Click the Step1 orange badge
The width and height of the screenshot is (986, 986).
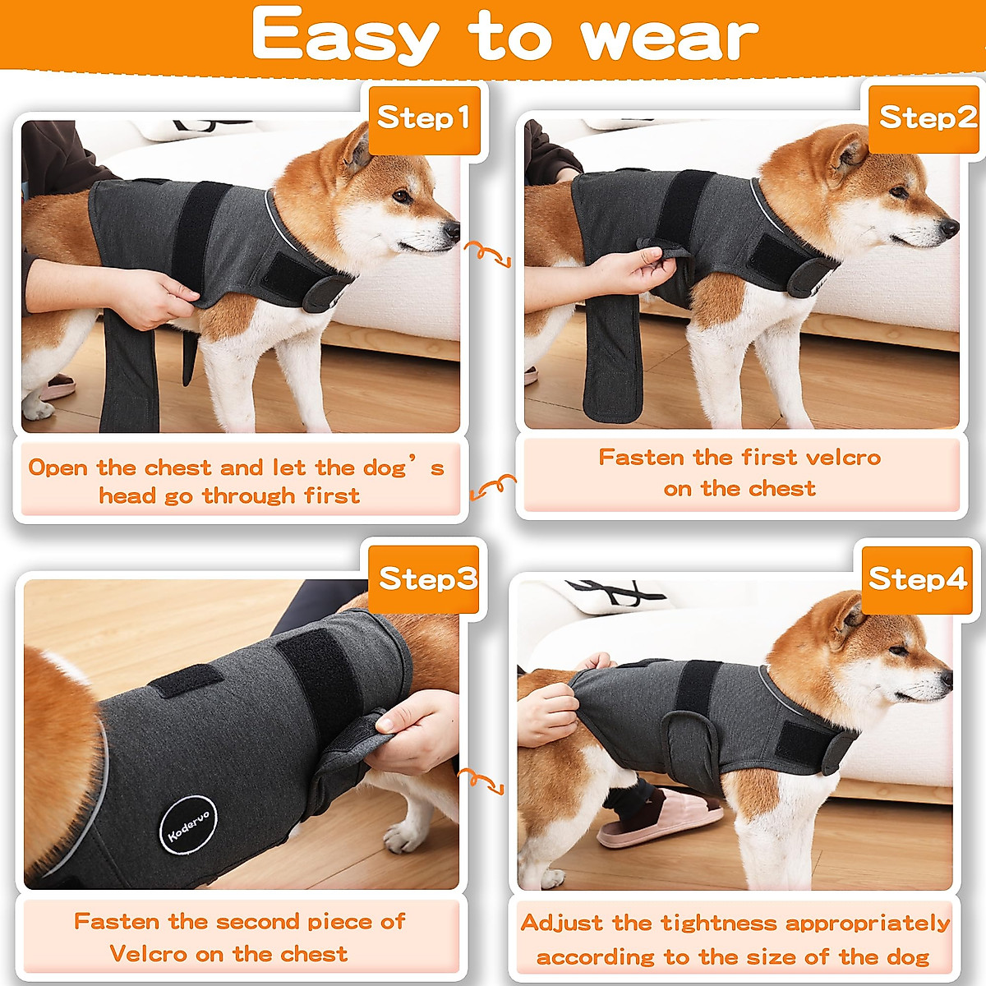click(x=423, y=119)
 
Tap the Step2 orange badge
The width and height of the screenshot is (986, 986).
click(x=928, y=118)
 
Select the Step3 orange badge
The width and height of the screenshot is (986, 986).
click(x=426, y=579)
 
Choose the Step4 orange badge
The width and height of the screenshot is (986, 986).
click(x=917, y=579)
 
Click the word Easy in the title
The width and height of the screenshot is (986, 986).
click(x=345, y=36)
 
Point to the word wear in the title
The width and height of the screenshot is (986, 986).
click(x=669, y=38)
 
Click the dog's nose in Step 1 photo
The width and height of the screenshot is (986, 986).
click(x=453, y=229)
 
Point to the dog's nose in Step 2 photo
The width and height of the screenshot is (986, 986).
click(x=950, y=227)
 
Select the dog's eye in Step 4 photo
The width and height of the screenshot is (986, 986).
click(x=900, y=651)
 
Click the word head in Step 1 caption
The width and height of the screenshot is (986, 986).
click(x=126, y=496)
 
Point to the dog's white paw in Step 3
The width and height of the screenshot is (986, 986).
click(x=403, y=838)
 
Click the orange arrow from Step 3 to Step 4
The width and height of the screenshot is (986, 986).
click(x=481, y=781)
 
